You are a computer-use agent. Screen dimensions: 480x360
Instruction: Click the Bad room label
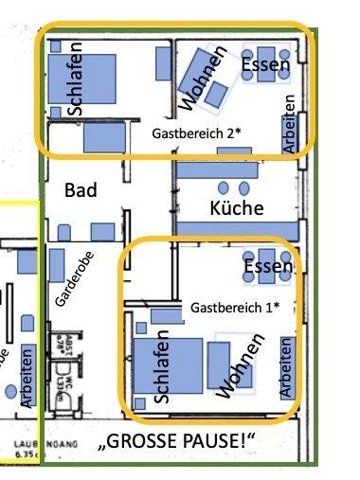pos(80,190)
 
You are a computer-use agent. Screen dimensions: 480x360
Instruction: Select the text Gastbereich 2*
pos(196,134)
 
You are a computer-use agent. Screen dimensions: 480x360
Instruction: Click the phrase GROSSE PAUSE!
pos(181,442)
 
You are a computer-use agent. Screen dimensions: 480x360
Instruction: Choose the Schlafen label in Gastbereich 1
pos(160,366)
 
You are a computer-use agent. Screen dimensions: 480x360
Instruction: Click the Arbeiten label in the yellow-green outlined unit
pos(27,378)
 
